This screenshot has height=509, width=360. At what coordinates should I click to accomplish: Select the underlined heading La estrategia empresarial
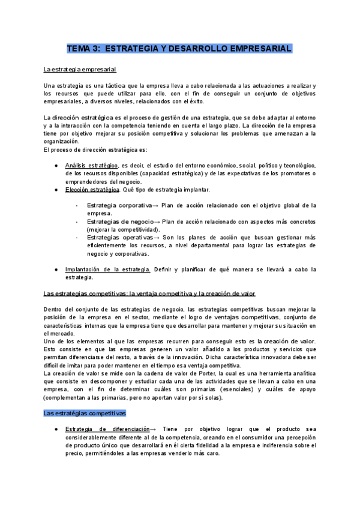coord(80,69)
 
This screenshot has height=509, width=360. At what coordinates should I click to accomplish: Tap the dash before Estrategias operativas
coord(77,237)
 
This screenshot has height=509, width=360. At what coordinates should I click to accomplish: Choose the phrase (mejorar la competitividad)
coord(123,229)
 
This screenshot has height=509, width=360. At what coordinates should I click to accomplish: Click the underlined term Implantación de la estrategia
coord(107,270)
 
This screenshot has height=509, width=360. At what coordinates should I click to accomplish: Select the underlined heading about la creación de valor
coord(150,294)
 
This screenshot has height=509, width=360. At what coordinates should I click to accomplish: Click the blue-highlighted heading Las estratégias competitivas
coord(85,414)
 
